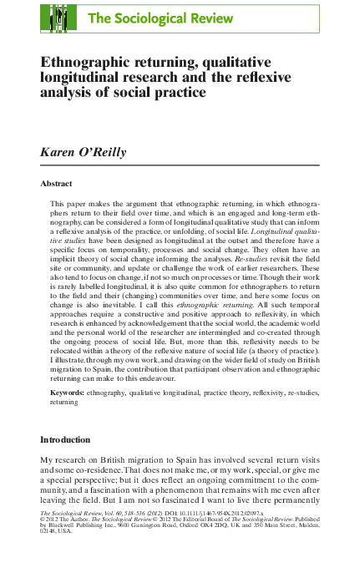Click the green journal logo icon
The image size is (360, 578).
click(58, 18)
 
